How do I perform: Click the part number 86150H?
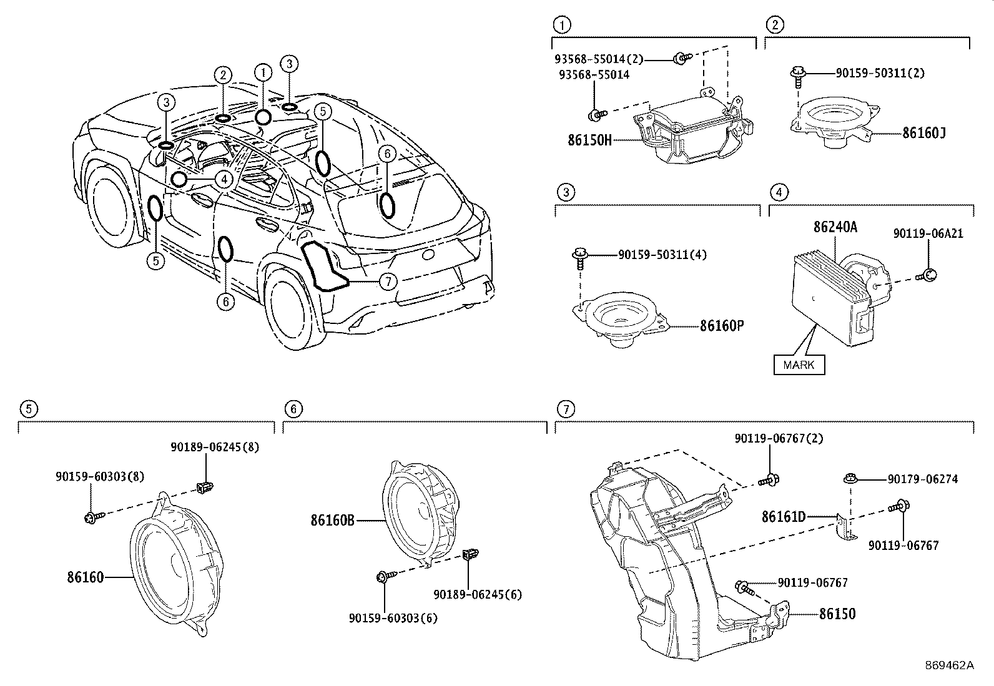tap(589, 140)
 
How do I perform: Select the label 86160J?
tap(923, 132)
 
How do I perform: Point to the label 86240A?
tap(835, 228)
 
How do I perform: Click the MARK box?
tap(799, 365)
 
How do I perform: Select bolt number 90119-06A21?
tap(927, 233)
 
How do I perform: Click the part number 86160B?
tap(333, 519)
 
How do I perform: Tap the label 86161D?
tap(784, 516)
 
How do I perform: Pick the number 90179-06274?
tap(922, 479)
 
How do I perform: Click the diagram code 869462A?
tap(949, 665)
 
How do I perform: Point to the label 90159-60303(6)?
tap(393, 618)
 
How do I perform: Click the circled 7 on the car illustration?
tap(388, 282)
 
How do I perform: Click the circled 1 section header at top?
tap(562, 25)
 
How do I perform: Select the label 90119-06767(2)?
tap(779, 439)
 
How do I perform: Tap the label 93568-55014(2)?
tap(598, 59)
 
